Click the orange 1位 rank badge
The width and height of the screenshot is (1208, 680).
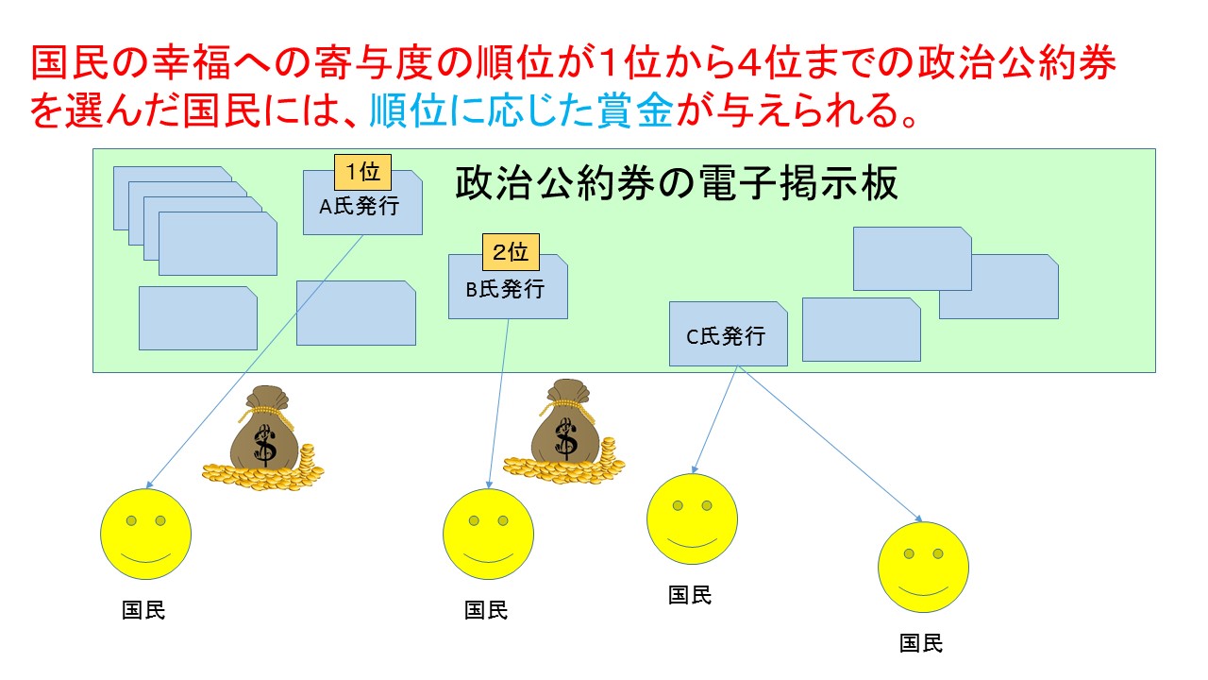tap(362, 172)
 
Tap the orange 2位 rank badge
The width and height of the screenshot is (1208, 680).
tap(511, 252)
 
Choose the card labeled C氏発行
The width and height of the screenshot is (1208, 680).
tap(728, 333)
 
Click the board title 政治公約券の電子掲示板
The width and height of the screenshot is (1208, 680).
tap(677, 183)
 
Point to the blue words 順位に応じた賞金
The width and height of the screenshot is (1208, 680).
tap(522, 110)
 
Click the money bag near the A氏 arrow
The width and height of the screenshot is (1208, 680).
tap(263, 438)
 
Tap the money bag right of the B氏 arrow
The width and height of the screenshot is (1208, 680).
tap(564, 432)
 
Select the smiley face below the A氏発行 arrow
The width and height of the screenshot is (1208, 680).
tap(145, 535)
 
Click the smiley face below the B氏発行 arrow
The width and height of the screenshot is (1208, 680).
tap(488, 535)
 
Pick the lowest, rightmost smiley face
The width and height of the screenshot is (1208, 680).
tap(923, 568)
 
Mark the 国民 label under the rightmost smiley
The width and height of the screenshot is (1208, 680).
tap(920, 643)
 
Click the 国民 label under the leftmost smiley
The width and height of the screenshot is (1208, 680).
tap(143, 610)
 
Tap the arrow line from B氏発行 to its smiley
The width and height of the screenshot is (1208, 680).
tap(499, 403)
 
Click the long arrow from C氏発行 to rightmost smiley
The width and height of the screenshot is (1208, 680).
tap(830, 444)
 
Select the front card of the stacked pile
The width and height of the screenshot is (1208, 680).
tap(218, 244)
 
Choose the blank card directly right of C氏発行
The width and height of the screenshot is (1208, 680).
tap(862, 330)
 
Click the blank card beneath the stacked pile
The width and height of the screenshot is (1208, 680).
tap(198, 318)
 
